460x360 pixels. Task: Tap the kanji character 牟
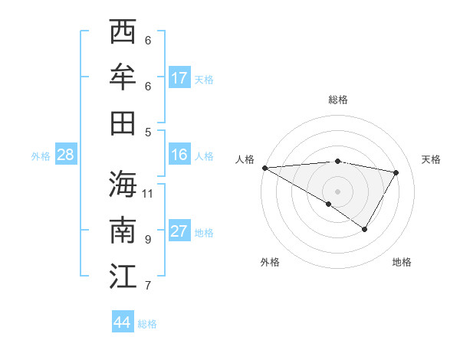[x=123, y=77]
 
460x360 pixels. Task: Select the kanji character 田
[x=123, y=123]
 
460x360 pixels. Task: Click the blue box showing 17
[x=179, y=78]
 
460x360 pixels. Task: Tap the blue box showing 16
[x=179, y=155]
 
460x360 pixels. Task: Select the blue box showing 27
[x=179, y=232]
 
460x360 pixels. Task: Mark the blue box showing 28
[x=65, y=155]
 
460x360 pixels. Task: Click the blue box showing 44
[x=122, y=322]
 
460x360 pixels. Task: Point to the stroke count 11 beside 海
[x=148, y=193]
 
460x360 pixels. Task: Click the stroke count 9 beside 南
[x=148, y=239]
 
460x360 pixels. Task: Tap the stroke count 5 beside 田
[x=148, y=132]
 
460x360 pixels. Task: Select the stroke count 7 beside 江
[x=148, y=286]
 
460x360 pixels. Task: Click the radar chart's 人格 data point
[x=264, y=168]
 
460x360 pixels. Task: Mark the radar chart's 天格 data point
[x=396, y=172]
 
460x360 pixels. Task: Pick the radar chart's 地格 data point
[x=365, y=229]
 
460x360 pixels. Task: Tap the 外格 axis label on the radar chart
[x=270, y=263]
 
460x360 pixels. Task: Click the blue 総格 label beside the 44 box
[x=147, y=324]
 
